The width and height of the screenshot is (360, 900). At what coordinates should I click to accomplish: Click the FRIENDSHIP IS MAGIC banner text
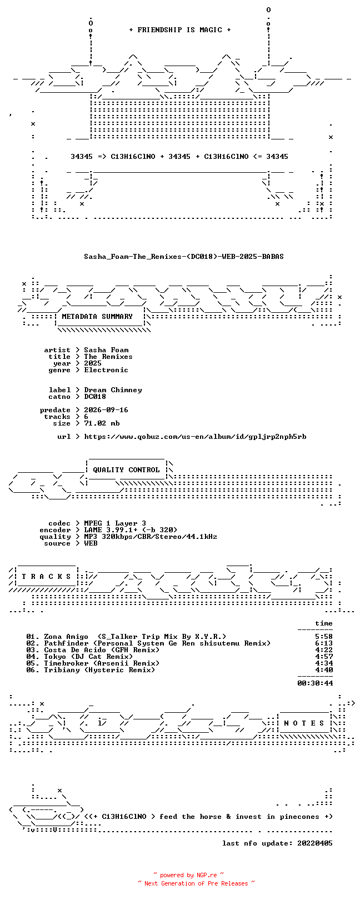coord(179,30)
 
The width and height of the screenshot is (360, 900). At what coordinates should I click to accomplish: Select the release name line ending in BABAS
coord(184,256)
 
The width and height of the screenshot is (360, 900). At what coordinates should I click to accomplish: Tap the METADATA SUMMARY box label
coord(97,317)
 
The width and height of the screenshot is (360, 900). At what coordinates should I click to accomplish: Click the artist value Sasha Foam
coord(106,350)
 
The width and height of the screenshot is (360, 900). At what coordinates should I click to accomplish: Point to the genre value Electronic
coord(106,370)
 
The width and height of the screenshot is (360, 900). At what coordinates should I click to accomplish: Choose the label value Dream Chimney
coord(113,390)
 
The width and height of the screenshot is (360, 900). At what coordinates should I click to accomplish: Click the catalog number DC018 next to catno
coord(95,397)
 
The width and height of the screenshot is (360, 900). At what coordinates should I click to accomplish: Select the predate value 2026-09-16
coord(106,410)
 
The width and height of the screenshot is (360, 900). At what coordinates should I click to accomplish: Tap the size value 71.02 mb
coord(102,423)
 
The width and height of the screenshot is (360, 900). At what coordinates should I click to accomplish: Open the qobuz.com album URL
coord(195,437)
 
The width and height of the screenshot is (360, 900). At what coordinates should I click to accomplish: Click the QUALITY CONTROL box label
coord(126,470)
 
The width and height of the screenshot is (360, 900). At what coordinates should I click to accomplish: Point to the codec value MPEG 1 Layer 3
coord(115,523)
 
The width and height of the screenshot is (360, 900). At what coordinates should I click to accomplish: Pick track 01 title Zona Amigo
coord(66,637)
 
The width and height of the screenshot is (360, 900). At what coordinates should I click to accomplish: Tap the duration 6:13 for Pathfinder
coord(324,643)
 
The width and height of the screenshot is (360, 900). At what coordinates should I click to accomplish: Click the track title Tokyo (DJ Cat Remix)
coord(88,657)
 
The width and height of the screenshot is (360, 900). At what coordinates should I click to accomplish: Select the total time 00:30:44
coord(315,683)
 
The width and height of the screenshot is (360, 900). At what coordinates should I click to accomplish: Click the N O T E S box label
coord(304,723)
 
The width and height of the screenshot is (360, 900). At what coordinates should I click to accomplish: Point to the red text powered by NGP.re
coord(188,875)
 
